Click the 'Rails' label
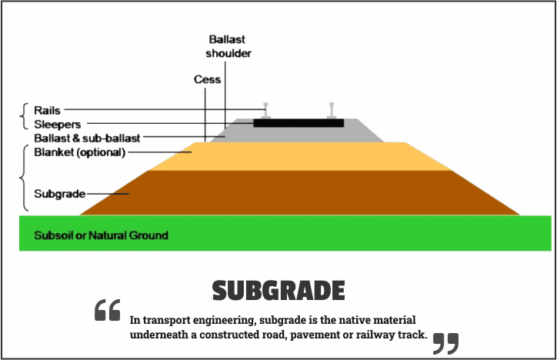point(47,111)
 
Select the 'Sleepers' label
point(58,124)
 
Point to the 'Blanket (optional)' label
point(79,152)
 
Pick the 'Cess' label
point(207,79)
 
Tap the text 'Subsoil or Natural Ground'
point(101,235)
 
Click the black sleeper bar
point(299,122)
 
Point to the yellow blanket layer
point(300,156)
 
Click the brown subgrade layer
point(300,192)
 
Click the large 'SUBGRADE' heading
point(278,291)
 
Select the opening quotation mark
point(108,310)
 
